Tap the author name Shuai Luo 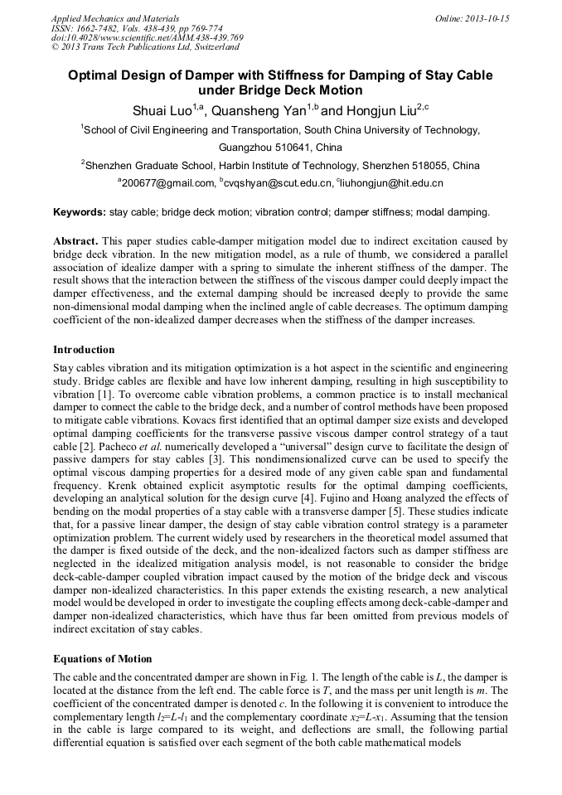click(162, 110)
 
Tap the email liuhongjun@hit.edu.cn click(391, 183)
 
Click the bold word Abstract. click(75, 241)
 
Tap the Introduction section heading click(84, 350)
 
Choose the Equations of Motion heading click(102, 659)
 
